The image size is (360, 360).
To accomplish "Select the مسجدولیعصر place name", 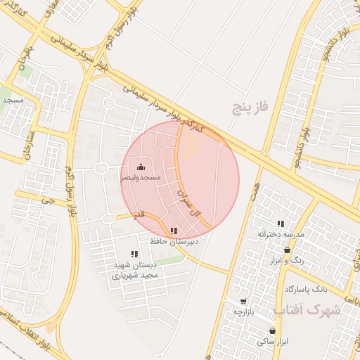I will click(x=141, y=178).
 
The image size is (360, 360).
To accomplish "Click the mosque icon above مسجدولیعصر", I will click(x=141, y=167).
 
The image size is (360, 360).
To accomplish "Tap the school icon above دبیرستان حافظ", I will click(x=174, y=231).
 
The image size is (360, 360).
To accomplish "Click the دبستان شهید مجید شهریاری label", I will click(x=133, y=270).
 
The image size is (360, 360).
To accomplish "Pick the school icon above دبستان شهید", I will click(x=134, y=254).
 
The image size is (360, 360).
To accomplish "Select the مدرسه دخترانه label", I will click(x=281, y=233).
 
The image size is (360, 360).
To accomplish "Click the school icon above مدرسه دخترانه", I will click(x=281, y=224).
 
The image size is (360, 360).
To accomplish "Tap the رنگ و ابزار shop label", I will click(x=287, y=260).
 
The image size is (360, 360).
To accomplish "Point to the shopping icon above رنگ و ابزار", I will click(x=287, y=250).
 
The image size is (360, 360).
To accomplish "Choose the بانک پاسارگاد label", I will click(x=307, y=289).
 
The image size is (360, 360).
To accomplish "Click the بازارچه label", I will click(x=243, y=311).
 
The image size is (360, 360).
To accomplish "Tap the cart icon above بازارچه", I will click(x=243, y=301).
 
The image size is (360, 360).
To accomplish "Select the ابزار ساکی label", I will click(x=272, y=341).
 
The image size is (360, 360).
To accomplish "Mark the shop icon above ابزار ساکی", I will click(x=272, y=330).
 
